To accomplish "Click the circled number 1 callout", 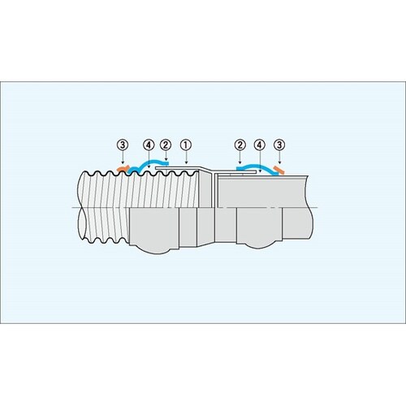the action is tap(186, 145).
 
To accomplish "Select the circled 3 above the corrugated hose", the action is tap(123, 145).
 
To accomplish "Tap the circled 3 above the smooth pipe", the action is tap(279, 145).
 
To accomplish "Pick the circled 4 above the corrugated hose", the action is tap(149, 145).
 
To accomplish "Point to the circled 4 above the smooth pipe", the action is tap(259, 145).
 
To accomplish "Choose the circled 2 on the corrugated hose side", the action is tap(166, 145).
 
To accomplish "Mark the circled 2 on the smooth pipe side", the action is tap(240, 145).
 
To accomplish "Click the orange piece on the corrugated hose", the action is tap(123, 168).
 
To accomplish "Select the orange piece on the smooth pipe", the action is tap(279, 171).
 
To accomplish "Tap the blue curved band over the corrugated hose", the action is tap(148, 162).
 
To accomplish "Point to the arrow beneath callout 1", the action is tap(186, 158).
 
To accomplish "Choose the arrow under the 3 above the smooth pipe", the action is tap(279, 158).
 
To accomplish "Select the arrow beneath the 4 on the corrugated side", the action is tap(149, 160).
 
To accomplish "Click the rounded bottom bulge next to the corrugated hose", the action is tap(154, 248).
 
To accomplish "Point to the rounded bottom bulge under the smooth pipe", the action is tap(259, 245).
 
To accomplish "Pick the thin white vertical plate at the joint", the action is tap(215, 191).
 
